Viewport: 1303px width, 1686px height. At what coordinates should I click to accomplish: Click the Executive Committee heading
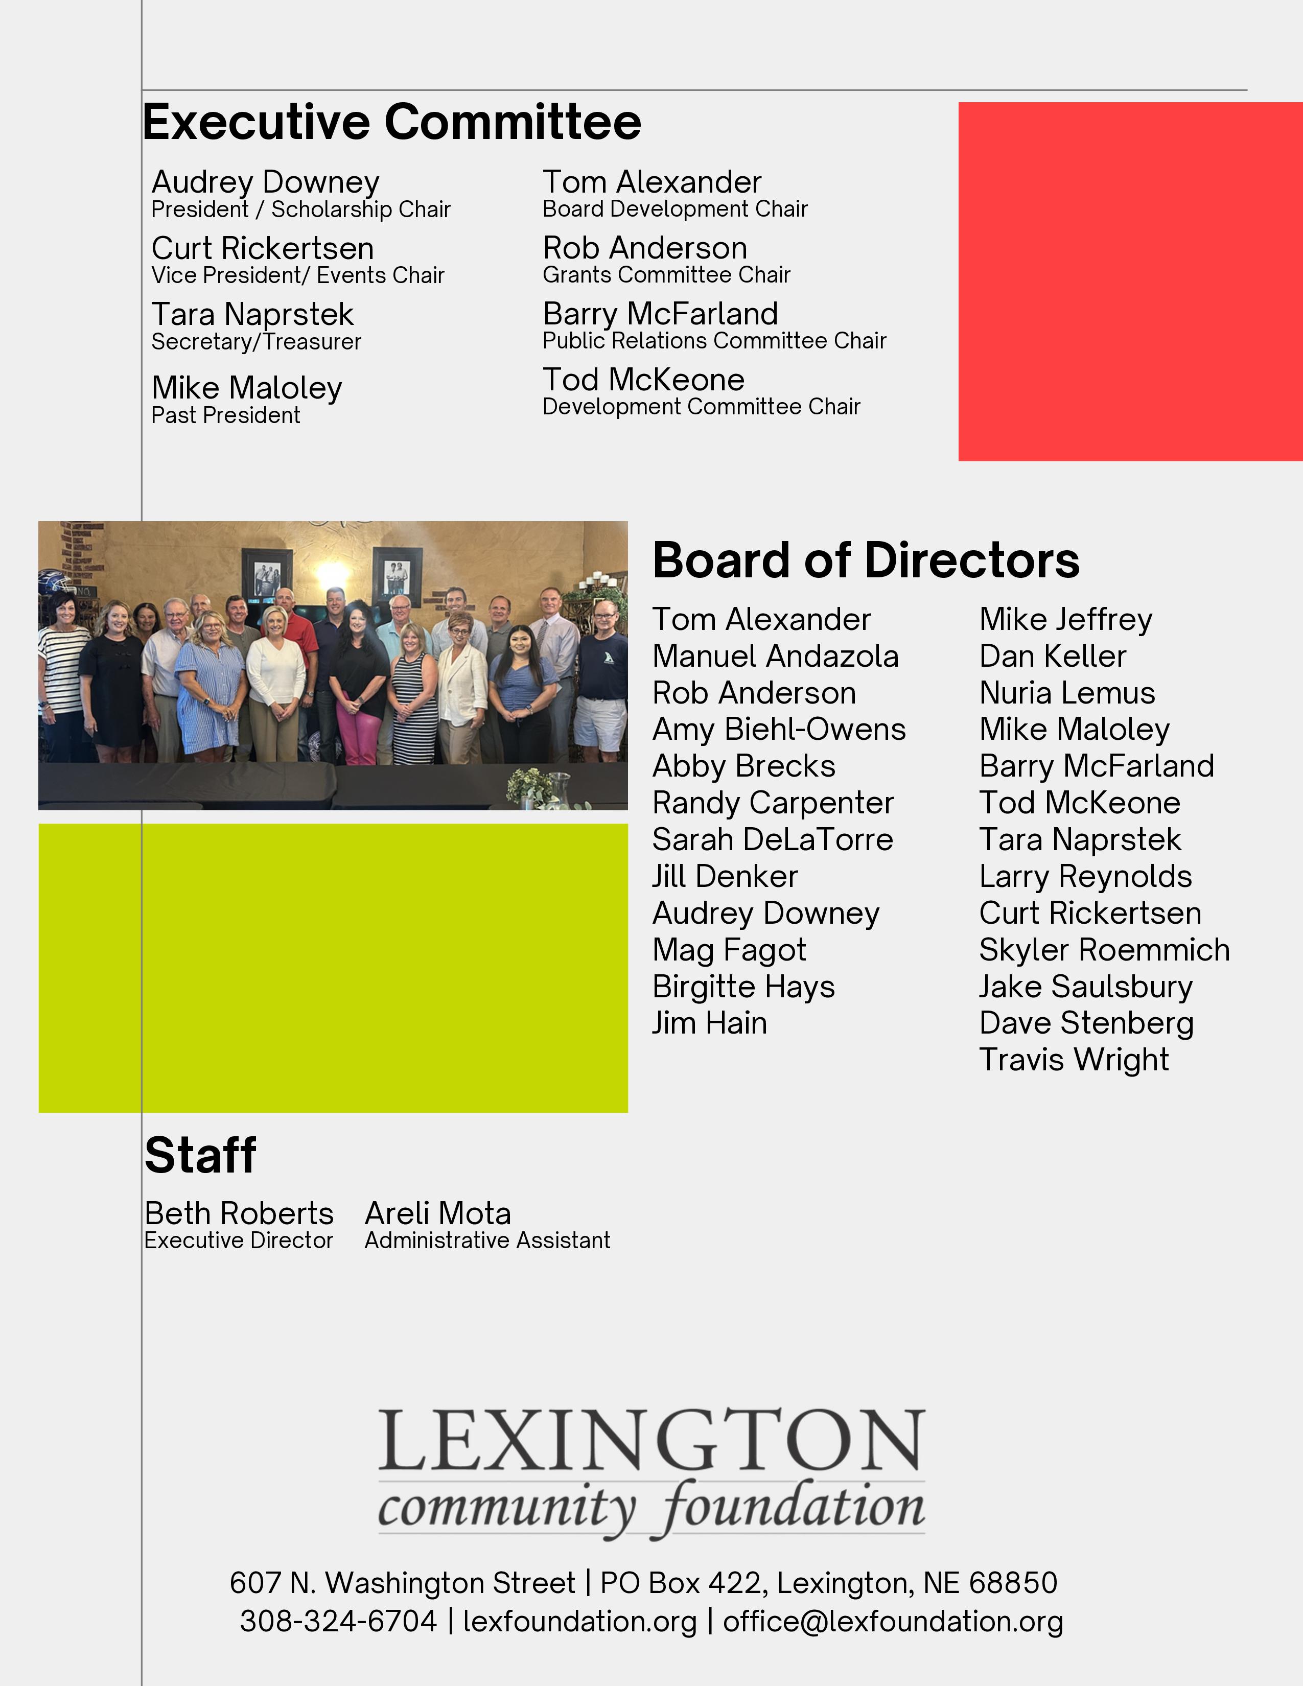coord(391,122)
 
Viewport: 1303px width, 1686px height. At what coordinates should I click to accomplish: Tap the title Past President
coord(225,415)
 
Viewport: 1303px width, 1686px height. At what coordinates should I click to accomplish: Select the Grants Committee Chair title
coord(666,275)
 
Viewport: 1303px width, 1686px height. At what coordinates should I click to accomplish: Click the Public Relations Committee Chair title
coord(714,340)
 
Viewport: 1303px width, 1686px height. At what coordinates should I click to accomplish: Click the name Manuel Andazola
coord(775,656)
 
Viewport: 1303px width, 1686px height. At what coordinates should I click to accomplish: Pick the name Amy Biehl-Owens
coord(779,730)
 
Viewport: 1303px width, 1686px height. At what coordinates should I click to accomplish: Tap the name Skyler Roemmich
coord(1104,950)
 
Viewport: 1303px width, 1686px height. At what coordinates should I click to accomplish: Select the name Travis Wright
coord(1074,1060)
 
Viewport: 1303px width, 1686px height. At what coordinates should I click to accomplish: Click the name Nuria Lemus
coord(1067,693)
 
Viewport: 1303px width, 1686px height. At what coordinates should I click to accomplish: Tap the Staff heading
coord(200,1156)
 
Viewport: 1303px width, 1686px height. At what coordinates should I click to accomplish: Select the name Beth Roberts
coord(239,1213)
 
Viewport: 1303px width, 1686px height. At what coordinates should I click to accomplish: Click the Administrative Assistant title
coord(487,1240)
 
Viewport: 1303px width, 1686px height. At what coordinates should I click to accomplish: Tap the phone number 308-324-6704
coord(338,1621)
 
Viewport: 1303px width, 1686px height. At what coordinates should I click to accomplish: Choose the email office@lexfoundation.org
coord(892,1621)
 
